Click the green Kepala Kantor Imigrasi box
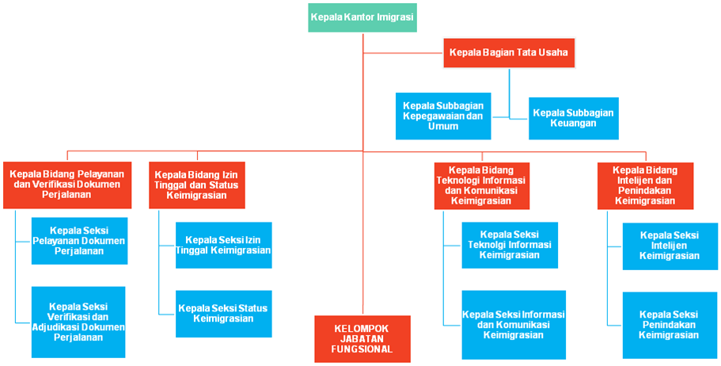(x=362, y=17)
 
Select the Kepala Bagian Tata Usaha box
(x=509, y=52)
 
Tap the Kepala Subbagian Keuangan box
(x=574, y=118)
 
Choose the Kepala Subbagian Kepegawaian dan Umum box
(x=443, y=116)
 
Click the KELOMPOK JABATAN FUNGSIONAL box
(x=362, y=339)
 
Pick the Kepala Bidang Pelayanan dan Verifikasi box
(x=67, y=185)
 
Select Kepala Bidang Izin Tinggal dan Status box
(x=197, y=185)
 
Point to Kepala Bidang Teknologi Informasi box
(x=482, y=185)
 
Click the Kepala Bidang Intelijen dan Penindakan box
(x=646, y=185)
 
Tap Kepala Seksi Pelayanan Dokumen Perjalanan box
(x=80, y=241)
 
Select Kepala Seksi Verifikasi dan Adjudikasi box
(x=78, y=322)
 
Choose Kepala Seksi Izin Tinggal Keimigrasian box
(x=223, y=246)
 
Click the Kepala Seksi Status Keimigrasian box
(x=223, y=314)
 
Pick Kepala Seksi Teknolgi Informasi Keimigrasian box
(x=510, y=246)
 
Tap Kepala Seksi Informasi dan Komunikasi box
(x=514, y=325)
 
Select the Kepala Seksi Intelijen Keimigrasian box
(x=670, y=246)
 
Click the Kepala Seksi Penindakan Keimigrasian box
(x=670, y=325)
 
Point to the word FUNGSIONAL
(x=362, y=349)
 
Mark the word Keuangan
(x=573, y=124)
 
